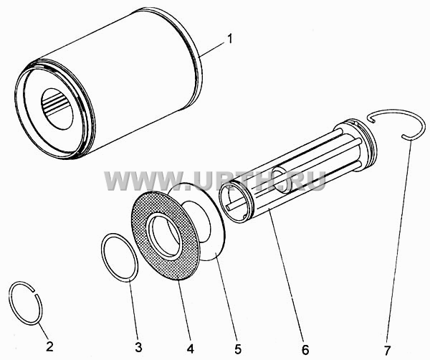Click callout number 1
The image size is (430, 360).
(229, 39)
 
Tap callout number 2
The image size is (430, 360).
(49, 346)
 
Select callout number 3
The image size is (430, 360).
(138, 347)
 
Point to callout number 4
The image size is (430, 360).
(191, 349)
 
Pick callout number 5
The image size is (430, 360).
(237, 349)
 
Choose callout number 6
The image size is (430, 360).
(305, 349)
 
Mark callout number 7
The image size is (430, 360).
(387, 350)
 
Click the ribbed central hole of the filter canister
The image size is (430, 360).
(57, 109)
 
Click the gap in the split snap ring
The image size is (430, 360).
(35, 292)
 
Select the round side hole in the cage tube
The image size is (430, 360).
(284, 180)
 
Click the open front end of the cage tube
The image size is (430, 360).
(235, 202)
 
